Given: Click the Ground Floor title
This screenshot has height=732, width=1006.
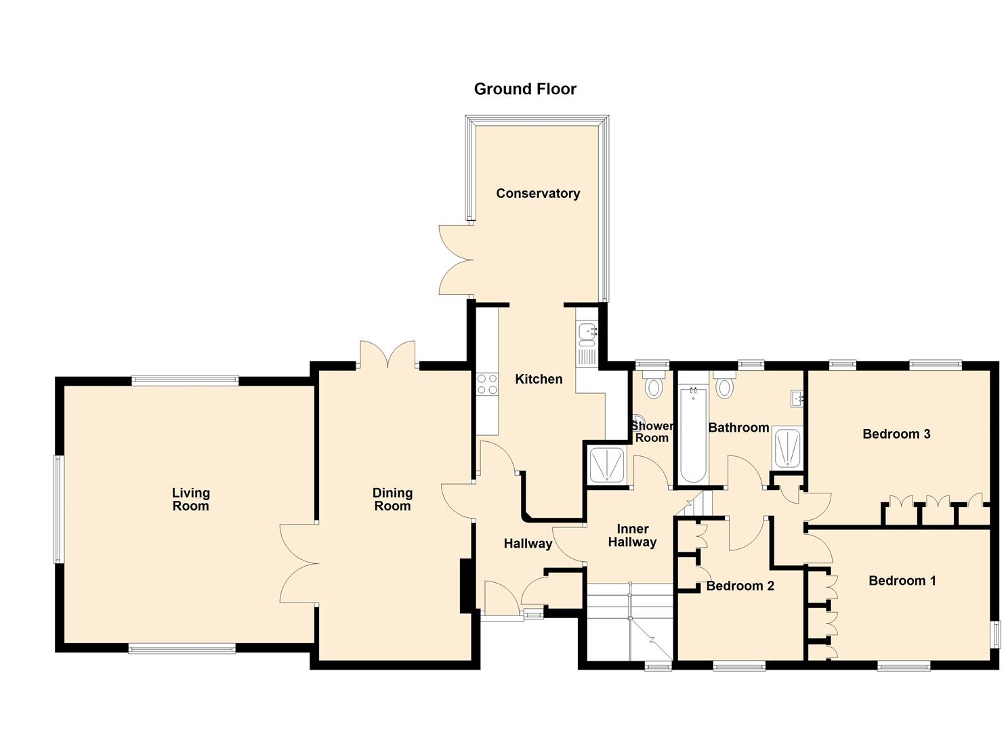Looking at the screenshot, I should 525,89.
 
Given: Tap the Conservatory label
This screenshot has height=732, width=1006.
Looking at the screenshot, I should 538,193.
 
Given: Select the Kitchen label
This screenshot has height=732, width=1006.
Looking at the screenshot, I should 539,379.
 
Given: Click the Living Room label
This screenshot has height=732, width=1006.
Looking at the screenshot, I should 190,500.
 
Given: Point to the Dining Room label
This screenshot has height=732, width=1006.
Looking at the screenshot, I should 392,500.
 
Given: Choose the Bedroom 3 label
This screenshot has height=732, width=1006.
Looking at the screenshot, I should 896,434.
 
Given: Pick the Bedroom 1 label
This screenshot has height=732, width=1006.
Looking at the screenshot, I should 902,580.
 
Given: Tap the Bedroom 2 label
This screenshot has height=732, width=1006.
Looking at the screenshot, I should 740,586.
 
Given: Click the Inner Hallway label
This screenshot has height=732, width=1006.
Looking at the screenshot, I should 632,535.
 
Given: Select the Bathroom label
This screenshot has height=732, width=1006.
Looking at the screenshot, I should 738,428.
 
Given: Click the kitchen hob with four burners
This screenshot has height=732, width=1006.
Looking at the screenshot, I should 486,384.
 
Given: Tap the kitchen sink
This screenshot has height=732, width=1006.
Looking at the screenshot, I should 587,334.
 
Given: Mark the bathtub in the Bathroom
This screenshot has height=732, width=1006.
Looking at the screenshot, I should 692,434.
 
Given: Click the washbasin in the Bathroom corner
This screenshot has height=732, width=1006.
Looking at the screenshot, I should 797,399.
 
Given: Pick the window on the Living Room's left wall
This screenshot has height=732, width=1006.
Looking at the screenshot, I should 59,509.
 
